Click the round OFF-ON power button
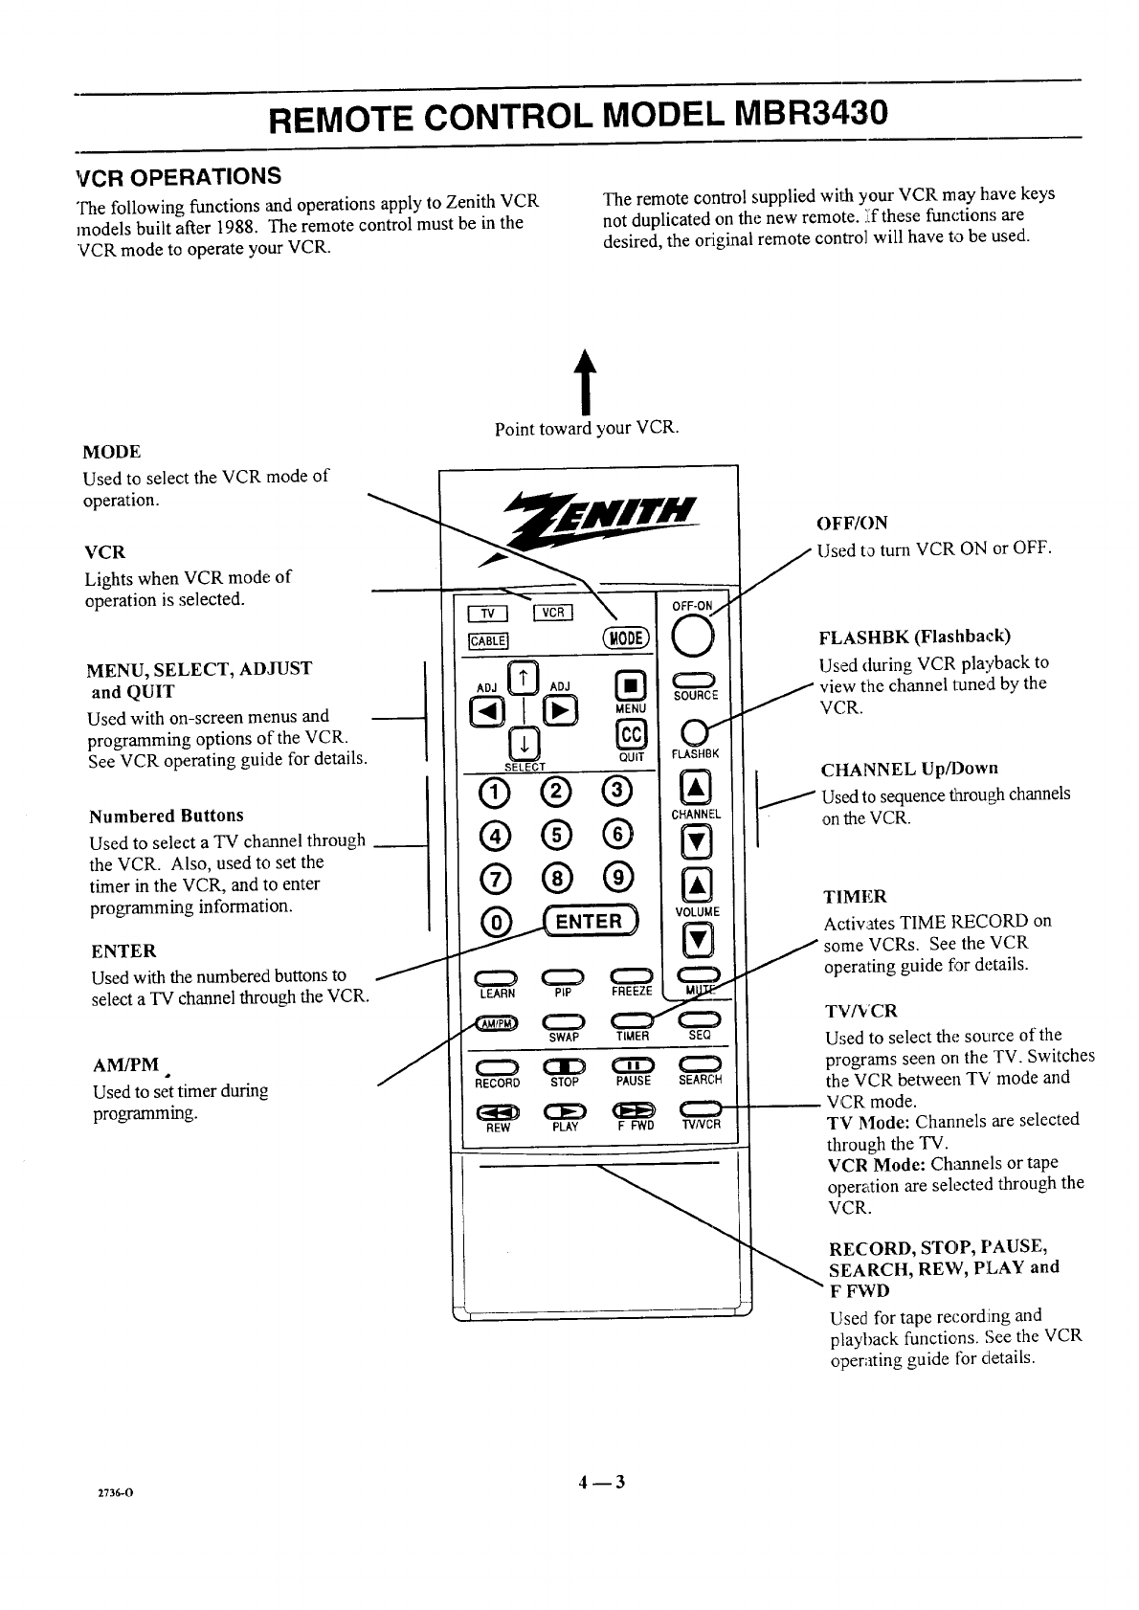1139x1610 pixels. pyautogui.click(x=692, y=638)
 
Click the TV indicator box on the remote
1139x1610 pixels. pyautogui.click(x=486, y=615)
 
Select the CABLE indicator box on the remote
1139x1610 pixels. pyautogui.click(x=487, y=640)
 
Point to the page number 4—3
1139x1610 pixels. pyautogui.click(x=600, y=1484)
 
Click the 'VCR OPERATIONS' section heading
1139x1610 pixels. pyautogui.click(x=179, y=176)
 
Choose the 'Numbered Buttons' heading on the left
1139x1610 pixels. pyautogui.click(x=166, y=816)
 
